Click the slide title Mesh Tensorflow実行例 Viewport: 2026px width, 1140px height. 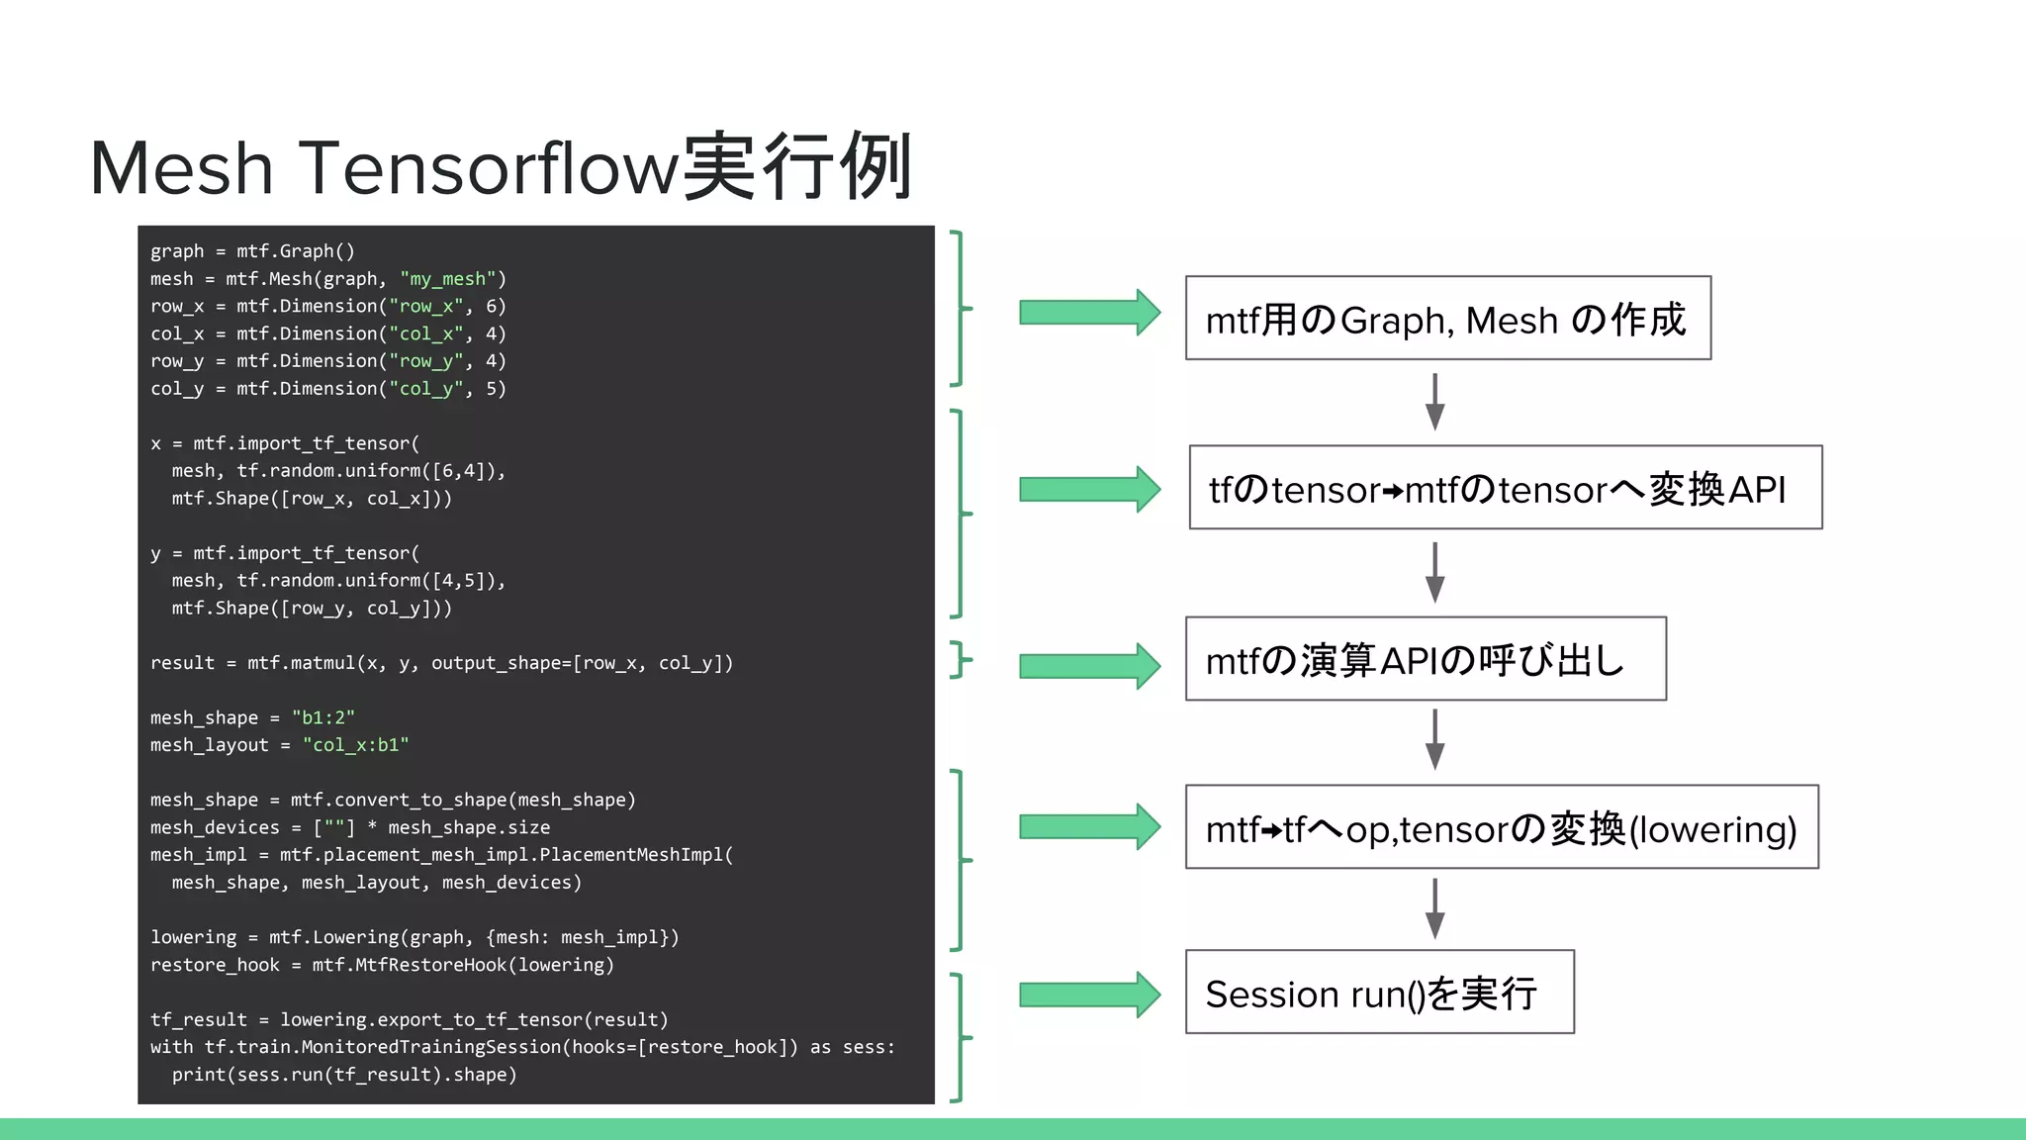click(x=501, y=167)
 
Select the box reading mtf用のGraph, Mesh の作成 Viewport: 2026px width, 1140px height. click(x=1447, y=319)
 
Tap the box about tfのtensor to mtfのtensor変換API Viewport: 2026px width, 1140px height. click(x=1505, y=488)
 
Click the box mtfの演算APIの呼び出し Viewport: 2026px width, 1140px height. click(x=1425, y=659)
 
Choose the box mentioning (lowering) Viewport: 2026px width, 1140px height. click(x=1501, y=827)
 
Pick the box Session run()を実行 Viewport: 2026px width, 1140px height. click(x=1379, y=993)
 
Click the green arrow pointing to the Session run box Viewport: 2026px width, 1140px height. click(x=1088, y=995)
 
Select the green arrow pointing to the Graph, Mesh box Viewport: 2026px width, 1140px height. click(x=1088, y=313)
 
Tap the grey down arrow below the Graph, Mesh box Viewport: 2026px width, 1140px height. click(x=1434, y=401)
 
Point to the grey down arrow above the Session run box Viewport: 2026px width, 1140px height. click(x=1434, y=907)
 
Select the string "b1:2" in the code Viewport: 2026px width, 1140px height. click(x=322, y=717)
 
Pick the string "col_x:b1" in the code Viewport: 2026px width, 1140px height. click(x=355, y=745)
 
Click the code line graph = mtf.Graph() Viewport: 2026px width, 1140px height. click(x=252, y=251)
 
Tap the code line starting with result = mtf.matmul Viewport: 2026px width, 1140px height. click(x=441, y=663)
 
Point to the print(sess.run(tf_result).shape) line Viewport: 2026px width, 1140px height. click(x=344, y=1075)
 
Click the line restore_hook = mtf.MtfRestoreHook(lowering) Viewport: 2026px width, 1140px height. click(x=382, y=965)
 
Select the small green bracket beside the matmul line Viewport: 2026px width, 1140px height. click(x=960, y=660)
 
